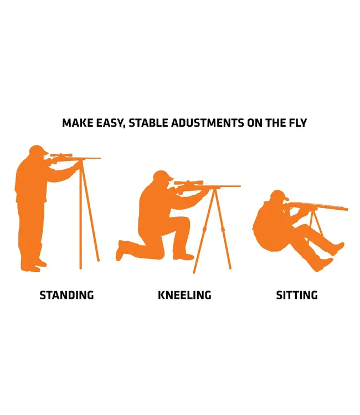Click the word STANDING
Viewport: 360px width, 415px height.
67,295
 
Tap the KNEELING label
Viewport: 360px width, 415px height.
184,295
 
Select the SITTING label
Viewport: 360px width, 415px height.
297,295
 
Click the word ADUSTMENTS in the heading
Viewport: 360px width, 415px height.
208,123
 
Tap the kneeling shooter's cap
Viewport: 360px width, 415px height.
163,175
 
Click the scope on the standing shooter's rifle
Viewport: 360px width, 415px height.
61,155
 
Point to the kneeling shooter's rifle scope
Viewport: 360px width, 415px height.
189,183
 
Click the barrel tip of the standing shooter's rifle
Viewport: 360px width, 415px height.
100,158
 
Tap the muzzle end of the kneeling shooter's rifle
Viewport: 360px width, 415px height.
240,186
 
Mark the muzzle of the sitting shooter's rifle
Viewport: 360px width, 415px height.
347,209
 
